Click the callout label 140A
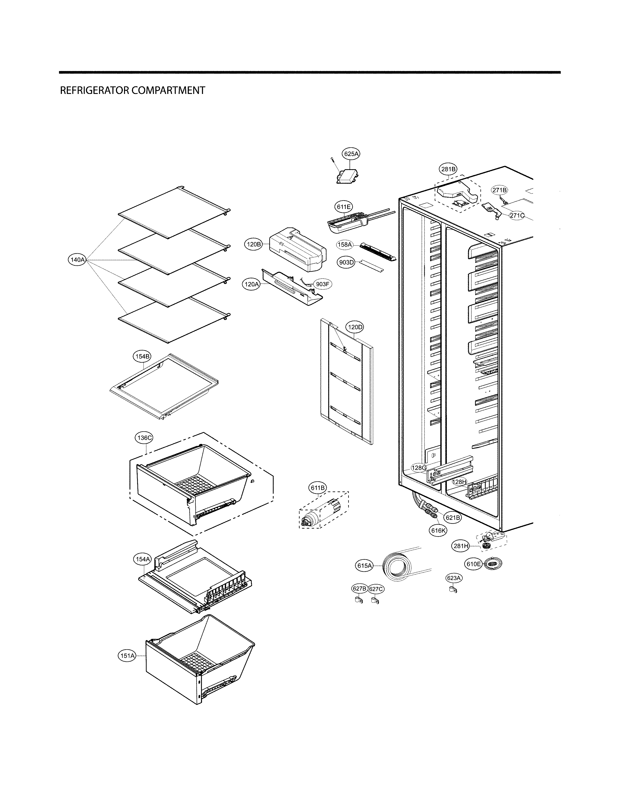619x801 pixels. click(x=77, y=260)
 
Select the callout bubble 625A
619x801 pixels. click(x=351, y=154)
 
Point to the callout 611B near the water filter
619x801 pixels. click(x=318, y=488)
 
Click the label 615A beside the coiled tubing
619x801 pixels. click(x=365, y=566)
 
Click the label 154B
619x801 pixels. click(x=142, y=356)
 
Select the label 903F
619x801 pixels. click(x=322, y=284)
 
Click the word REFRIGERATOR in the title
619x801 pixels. click(x=95, y=91)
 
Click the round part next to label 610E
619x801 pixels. click(x=493, y=564)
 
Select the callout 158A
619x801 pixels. click(x=345, y=244)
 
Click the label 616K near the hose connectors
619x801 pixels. click(x=439, y=530)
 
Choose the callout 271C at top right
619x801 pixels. click(x=517, y=215)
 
